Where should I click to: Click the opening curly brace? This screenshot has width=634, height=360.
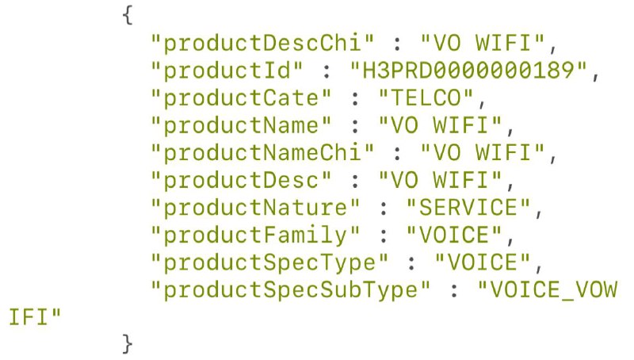coord(128,15)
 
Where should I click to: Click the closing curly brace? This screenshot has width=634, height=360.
coord(128,345)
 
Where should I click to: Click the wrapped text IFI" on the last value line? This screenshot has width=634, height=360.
coord(33,319)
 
